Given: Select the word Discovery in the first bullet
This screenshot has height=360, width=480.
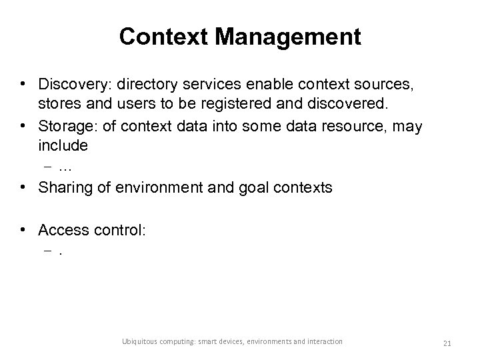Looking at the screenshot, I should click(x=69, y=85).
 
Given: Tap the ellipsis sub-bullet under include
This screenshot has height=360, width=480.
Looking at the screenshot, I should click(x=65, y=167).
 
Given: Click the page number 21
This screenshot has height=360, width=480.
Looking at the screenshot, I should click(x=447, y=342).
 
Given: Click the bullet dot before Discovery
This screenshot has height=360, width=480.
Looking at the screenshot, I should click(x=23, y=85).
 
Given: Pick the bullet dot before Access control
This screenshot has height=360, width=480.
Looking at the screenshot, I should click(x=23, y=230).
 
